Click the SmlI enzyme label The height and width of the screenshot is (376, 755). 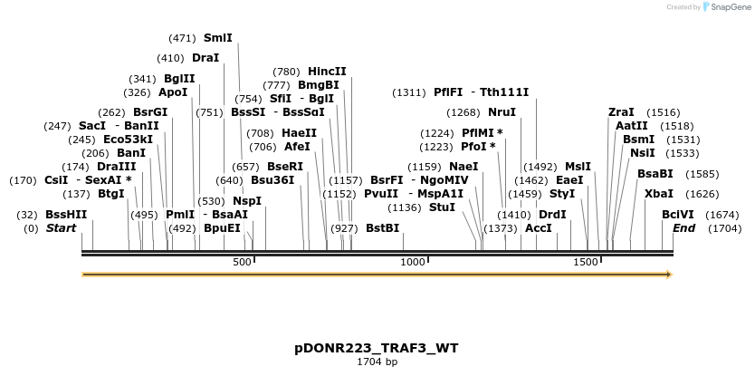[217, 38]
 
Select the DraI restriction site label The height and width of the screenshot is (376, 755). [205, 58]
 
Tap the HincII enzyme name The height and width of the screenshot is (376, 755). [327, 72]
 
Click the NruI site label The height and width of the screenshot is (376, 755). [502, 112]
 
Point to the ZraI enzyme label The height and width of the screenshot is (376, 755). [621, 112]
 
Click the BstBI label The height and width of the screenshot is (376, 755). [382, 228]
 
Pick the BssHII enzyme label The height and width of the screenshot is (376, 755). [66, 215]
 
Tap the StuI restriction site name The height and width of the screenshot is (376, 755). [442, 207]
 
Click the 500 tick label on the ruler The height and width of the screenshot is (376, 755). [242, 262]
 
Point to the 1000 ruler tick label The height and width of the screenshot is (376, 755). [413, 262]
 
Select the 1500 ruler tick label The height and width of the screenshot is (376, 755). [586, 262]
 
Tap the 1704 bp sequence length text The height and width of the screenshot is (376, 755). [377, 362]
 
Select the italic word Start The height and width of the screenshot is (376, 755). [61, 228]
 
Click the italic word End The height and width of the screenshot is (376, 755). [683, 228]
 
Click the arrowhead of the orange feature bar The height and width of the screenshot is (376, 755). [668, 274]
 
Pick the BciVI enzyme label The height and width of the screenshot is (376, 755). [678, 215]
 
